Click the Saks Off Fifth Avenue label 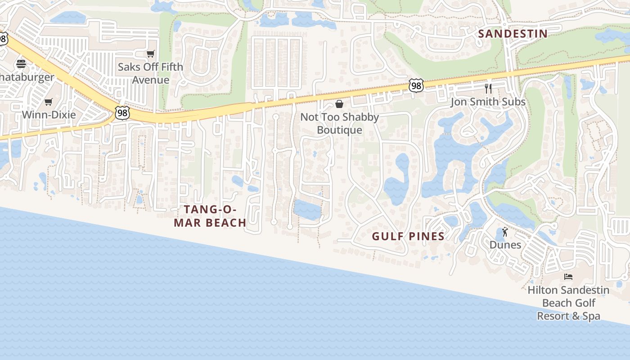point(150,73)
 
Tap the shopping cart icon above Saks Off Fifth point(151,54)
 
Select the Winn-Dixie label point(49,114)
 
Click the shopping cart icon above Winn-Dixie point(49,102)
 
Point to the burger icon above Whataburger point(21,63)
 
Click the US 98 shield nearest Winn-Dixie point(122,112)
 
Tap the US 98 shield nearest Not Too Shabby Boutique point(416,85)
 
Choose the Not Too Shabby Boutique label point(339,123)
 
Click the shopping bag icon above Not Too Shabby point(339,104)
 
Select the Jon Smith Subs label point(488,102)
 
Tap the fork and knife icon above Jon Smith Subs point(488,89)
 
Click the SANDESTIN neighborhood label point(513,34)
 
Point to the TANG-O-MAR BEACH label point(210,216)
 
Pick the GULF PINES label point(408,236)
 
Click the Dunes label point(505,245)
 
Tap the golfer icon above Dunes point(505,232)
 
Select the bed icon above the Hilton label point(568,277)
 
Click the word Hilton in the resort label point(543,290)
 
